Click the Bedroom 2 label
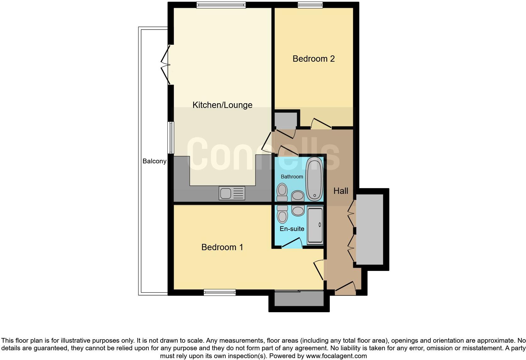[313, 59]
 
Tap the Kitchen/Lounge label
[222, 105]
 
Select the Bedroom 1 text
[222, 247]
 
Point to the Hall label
[341, 191]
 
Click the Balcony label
[154, 161]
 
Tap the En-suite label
[292, 229]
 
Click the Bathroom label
[292, 177]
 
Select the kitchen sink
[232, 193]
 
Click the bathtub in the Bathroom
[315, 179]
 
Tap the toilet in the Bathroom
[282, 192]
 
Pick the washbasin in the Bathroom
[298, 196]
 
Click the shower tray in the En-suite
[315, 225]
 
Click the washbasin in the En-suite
[298, 211]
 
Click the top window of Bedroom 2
[310, 5]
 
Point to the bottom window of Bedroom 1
[220, 292]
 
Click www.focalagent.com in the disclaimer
[336, 356]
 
